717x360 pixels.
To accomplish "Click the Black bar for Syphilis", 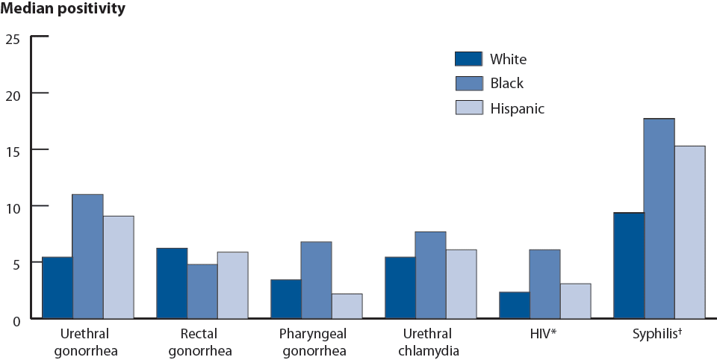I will click(x=659, y=218).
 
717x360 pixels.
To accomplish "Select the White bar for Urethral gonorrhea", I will click(x=58, y=288).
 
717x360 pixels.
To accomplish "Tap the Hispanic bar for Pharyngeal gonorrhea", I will click(x=347, y=305).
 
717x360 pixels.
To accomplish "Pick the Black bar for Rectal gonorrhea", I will click(x=202, y=291).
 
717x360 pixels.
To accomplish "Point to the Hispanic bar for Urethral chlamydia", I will click(x=461, y=284).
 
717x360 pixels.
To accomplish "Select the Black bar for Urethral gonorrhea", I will click(x=87, y=256).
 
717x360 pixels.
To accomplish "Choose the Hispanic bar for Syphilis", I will click(x=689, y=232).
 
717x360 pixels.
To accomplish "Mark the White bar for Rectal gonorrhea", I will click(x=172, y=283).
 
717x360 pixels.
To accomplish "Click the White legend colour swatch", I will click(x=469, y=59).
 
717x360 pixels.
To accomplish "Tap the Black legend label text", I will click(x=507, y=84).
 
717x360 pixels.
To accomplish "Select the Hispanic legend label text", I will click(x=517, y=108).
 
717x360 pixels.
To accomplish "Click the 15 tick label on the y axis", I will click(x=15, y=149).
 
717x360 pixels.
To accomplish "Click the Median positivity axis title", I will click(x=63, y=10).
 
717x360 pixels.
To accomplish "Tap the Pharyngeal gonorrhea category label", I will click(x=316, y=341).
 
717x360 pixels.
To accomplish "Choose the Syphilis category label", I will click(x=659, y=333).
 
